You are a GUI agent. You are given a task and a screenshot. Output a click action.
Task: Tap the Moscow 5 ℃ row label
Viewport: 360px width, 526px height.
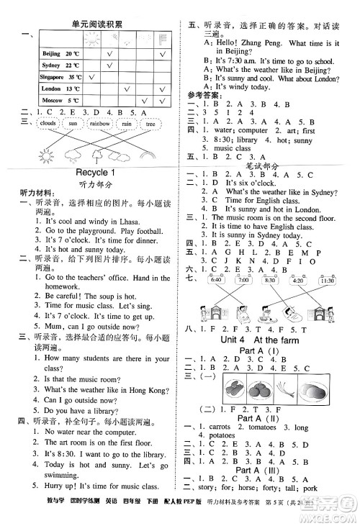pos(52,100)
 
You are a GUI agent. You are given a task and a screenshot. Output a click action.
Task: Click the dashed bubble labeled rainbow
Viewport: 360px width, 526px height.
pos(100,124)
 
